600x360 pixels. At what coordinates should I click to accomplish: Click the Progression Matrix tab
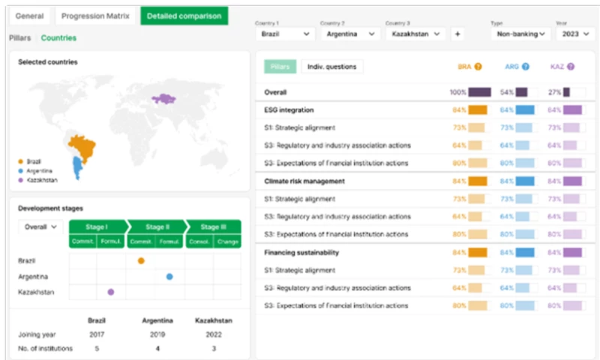[96, 16]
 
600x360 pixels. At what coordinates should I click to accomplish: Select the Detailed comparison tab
[184, 16]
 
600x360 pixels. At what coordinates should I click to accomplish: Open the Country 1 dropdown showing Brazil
[286, 34]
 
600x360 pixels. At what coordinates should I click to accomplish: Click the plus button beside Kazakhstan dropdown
[457, 34]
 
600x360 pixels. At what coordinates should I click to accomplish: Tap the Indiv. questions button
[332, 67]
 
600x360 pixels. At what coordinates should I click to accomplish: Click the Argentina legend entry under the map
[39, 170]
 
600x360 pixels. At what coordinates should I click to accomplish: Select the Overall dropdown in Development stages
[40, 226]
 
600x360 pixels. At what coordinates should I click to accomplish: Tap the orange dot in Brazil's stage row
[141, 260]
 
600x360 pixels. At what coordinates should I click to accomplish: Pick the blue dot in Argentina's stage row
[169, 276]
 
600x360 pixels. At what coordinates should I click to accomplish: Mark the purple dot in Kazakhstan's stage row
[111, 292]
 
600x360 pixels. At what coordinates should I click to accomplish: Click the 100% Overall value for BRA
[457, 92]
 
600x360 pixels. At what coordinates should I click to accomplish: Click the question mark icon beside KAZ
[571, 67]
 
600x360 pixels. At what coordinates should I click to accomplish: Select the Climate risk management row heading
[304, 181]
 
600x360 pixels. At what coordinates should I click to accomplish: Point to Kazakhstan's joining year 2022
[213, 334]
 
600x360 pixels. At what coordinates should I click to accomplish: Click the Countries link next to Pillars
[58, 37]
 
